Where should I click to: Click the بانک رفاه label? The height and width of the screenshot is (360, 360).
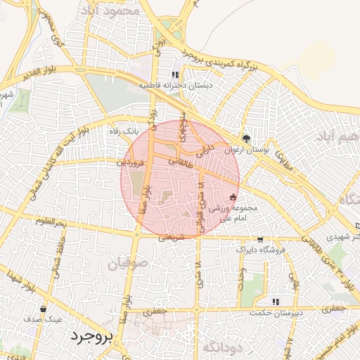[x=123, y=131]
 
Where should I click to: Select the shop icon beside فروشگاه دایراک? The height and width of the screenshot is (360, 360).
[x=261, y=239]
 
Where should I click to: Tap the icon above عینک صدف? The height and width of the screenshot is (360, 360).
[x=44, y=309]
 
